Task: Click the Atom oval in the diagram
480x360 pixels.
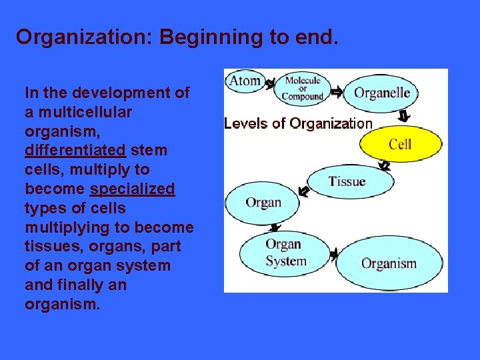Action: pyautogui.click(x=245, y=81)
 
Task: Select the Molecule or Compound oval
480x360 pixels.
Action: pyautogui.click(x=303, y=89)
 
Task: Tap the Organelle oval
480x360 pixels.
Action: pyautogui.click(x=381, y=93)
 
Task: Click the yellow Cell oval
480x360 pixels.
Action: pyautogui.click(x=400, y=144)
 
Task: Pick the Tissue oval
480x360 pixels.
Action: pyautogui.click(x=347, y=181)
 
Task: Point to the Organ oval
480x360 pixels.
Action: pyautogui.click(x=263, y=203)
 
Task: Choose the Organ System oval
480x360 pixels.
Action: pyautogui.click(x=285, y=252)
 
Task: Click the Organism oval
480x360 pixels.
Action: pyautogui.click(x=389, y=263)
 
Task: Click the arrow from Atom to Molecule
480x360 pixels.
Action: pyautogui.click(x=270, y=85)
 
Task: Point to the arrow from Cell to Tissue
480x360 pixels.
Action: pyautogui.click(x=384, y=165)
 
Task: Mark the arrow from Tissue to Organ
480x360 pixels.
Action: pyautogui.click(x=303, y=192)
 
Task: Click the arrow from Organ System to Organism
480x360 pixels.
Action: pyautogui.click(x=333, y=254)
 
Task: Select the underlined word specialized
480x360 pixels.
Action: pyautogui.click(x=132, y=189)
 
